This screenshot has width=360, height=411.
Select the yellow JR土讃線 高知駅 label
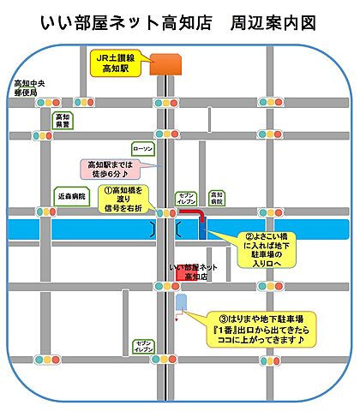116,63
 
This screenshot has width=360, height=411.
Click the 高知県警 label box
63,121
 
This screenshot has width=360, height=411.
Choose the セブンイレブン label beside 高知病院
188,197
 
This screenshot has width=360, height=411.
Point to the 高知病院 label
217,197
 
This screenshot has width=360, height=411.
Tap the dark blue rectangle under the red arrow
203,227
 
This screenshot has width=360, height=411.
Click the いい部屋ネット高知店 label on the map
195,272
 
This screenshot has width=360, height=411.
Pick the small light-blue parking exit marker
180,304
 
